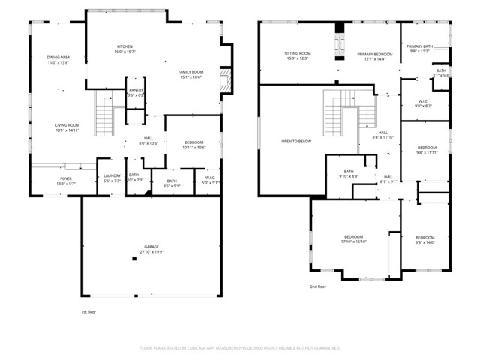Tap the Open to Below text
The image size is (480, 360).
296,141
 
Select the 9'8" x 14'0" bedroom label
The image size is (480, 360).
424,239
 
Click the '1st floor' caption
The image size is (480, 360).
89,311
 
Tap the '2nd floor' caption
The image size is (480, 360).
319,286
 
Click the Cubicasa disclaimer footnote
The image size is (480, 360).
240,348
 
